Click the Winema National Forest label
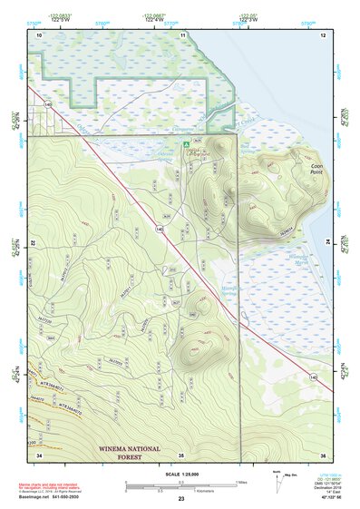pyautogui.click(x=130, y=451)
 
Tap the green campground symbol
pyautogui.click(x=186, y=143)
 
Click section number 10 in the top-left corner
pyautogui.click(x=39, y=34)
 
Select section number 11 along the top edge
pyautogui.click(x=182, y=34)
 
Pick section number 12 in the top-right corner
pyautogui.click(x=323, y=34)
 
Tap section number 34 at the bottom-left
pyautogui.click(x=39, y=455)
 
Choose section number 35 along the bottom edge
pyautogui.click(x=181, y=455)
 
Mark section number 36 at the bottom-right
pyautogui.click(x=324, y=455)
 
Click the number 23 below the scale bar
pyautogui.click(x=181, y=499)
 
